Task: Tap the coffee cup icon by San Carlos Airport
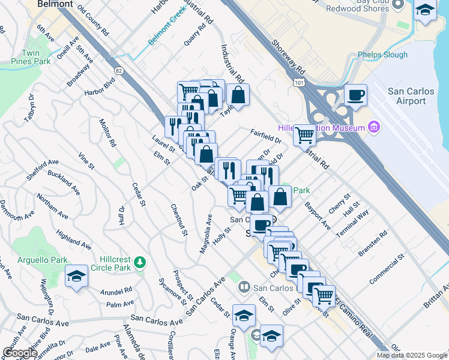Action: [x=356, y=95]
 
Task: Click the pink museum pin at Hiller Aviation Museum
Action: [x=375, y=127]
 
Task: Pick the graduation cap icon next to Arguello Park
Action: [x=77, y=276]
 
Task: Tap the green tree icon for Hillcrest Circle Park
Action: [x=140, y=262]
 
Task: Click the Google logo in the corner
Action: [x=19, y=353]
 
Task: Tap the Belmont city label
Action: [x=55, y=4]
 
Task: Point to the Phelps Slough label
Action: [x=382, y=55]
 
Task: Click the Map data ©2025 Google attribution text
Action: [x=411, y=355]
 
